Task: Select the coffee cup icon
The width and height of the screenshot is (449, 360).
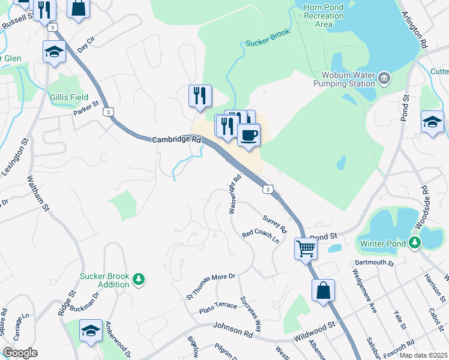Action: tap(249, 136)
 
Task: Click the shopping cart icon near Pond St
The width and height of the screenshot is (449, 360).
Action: tap(306, 247)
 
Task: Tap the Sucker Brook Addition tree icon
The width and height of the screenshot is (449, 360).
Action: tap(139, 280)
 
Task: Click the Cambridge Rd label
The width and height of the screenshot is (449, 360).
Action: tap(176, 139)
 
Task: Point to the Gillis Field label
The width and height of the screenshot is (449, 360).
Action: tap(69, 97)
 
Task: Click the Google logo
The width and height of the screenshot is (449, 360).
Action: tap(20, 353)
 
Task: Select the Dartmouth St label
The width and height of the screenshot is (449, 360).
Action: tap(373, 263)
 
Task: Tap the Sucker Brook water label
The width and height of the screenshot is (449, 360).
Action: tap(267, 37)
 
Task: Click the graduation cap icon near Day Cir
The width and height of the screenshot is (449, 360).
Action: tap(54, 52)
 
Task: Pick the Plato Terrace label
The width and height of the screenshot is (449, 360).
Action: tap(218, 308)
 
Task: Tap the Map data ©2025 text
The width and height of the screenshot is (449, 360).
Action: tap(423, 355)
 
